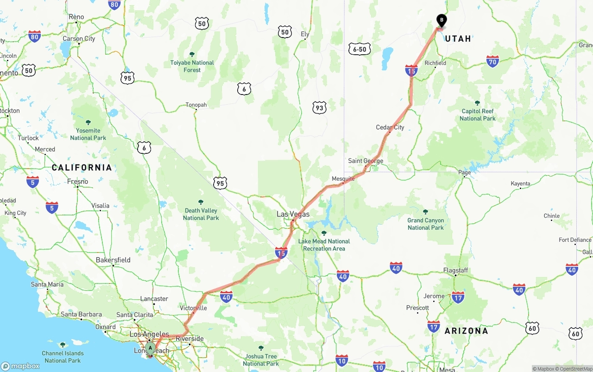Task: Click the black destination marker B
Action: (442, 20)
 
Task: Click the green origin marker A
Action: (150, 348)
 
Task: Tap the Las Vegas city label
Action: (293, 214)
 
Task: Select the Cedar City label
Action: (390, 127)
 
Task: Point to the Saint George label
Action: (366, 161)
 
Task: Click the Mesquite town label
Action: (343, 178)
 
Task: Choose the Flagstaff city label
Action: (455, 270)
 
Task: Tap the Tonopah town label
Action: (196, 105)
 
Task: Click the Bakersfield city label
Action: (113, 260)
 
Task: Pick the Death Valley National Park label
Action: (201, 214)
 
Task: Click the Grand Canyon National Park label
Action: (426, 224)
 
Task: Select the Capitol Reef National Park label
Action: (477, 114)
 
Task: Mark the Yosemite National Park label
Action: (88, 134)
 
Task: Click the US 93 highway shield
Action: (319, 108)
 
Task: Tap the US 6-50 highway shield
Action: (360, 49)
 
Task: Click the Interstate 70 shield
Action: (492, 61)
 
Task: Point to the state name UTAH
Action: (458, 39)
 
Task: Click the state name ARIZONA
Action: (466, 331)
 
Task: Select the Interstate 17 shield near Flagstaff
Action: (458, 297)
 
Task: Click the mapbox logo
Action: (20, 366)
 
